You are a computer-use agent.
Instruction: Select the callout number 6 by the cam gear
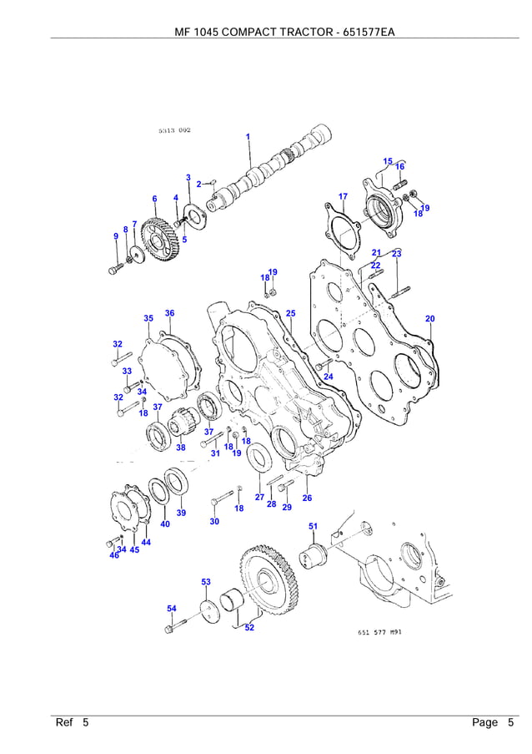click(154, 199)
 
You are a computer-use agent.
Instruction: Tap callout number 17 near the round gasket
click(343, 196)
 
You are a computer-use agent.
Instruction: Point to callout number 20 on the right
click(429, 319)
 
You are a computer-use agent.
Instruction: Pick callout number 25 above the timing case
click(290, 313)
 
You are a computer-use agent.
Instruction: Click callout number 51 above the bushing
click(313, 526)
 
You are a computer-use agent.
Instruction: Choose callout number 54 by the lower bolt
click(171, 609)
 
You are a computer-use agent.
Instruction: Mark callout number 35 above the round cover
click(148, 318)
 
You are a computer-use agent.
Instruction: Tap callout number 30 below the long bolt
click(214, 521)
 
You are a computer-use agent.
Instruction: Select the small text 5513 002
click(174, 130)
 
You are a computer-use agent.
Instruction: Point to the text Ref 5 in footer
click(73, 722)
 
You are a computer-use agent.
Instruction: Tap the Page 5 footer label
click(492, 722)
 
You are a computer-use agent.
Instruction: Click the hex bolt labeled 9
click(114, 270)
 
